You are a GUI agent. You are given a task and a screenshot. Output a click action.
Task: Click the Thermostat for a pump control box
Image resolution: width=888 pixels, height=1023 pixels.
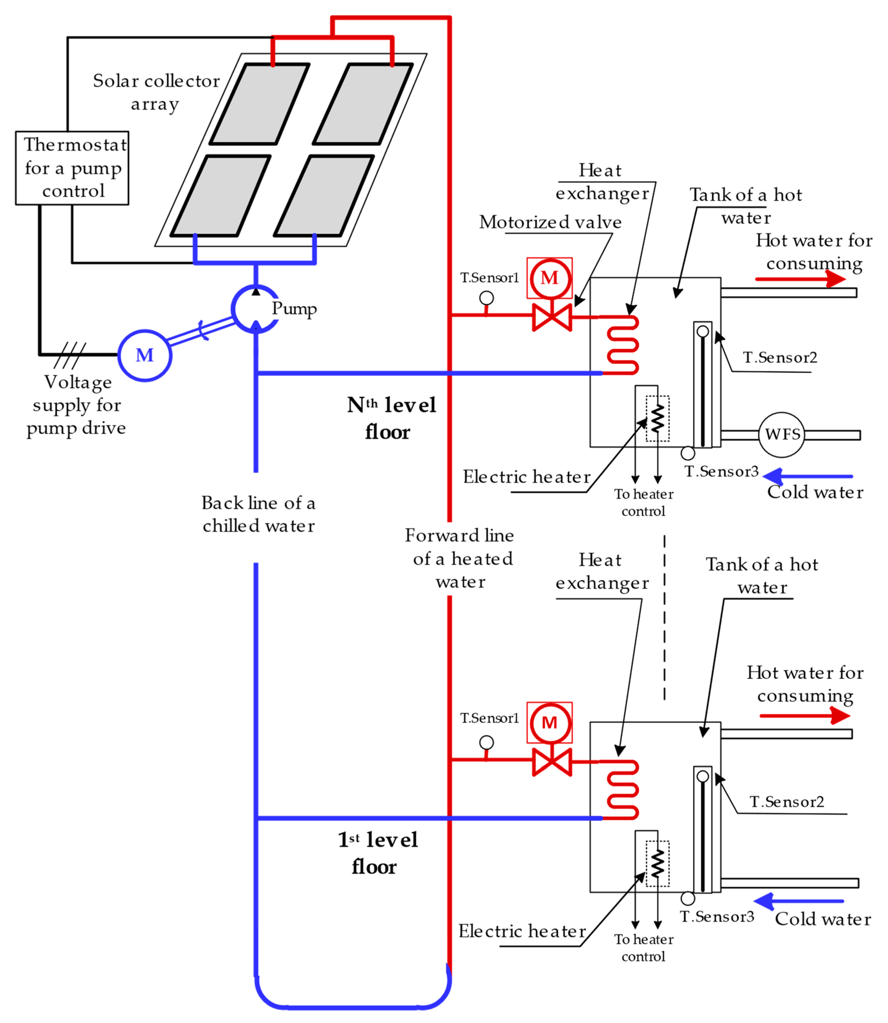pos(72,168)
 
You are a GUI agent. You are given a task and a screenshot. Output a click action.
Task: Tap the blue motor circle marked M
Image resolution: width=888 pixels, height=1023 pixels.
pos(145,355)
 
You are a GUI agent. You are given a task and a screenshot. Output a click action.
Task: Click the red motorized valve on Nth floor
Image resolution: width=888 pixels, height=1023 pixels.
pos(551,317)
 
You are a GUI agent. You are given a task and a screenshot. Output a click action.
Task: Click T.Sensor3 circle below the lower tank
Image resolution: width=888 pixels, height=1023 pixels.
pos(687,898)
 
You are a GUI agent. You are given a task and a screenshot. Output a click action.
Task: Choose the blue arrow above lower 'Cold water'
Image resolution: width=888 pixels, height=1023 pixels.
pos(798,901)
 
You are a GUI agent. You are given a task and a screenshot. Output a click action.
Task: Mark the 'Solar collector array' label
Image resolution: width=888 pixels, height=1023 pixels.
pos(156,92)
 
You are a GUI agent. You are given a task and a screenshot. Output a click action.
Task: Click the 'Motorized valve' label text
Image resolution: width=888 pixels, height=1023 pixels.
pos(550,222)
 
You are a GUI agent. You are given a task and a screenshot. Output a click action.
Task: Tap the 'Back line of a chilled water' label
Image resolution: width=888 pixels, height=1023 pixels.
pos(258,514)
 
